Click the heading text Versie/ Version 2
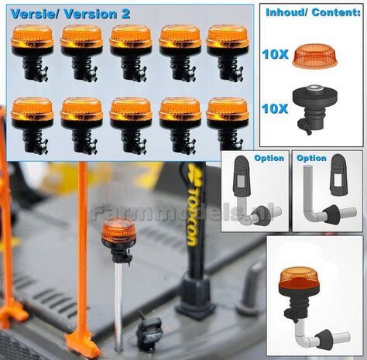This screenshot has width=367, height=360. pos(70,14)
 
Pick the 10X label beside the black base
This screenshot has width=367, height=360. pos(276,108)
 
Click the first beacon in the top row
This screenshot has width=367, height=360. pos(33,51)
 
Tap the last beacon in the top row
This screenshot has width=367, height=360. pos(228,51)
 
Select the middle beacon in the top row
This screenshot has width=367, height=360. pos(131,51)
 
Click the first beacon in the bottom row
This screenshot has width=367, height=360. pos(33,124)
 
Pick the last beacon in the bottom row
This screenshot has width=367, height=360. pos(228,124)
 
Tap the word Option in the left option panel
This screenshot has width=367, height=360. pos(269,159)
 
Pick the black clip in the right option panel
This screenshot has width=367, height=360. pos(339,177)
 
